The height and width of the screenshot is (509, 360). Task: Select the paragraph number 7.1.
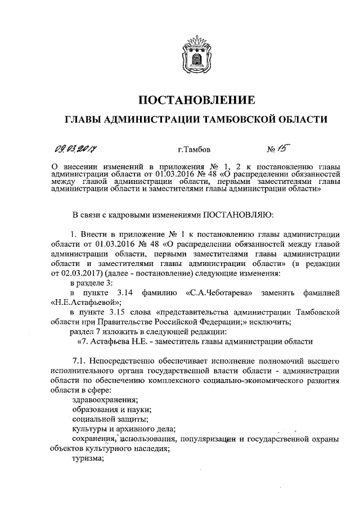79,360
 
